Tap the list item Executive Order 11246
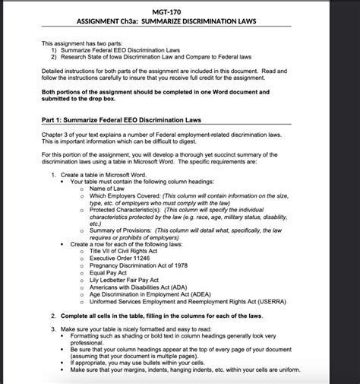[x=120, y=258]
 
